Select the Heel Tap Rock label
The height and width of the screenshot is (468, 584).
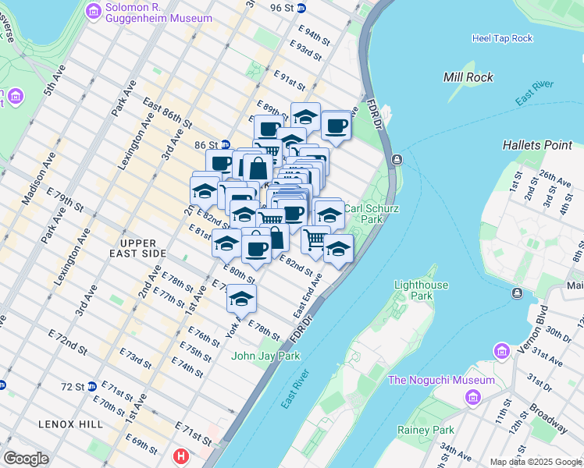click(x=502, y=38)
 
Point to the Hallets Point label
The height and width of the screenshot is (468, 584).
click(x=537, y=145)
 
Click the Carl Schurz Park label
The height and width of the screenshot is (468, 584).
click(x=364, y=214)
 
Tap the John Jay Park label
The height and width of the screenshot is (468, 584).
click(x=265, y=356)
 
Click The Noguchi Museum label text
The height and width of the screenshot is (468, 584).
click(x=442, y=380)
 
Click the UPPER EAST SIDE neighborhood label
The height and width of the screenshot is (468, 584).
click(x=137, y=249)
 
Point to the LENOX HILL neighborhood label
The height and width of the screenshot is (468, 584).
click(x=69, y=424)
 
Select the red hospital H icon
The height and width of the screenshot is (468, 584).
click(x=181, y=456)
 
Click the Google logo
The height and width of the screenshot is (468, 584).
click(x=26, y=459)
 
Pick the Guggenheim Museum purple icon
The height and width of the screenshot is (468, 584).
click(x=94, y=11)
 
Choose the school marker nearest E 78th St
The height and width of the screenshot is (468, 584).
click(x=242, y=299)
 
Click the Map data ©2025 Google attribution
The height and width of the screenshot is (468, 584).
click(x=536, y=462)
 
